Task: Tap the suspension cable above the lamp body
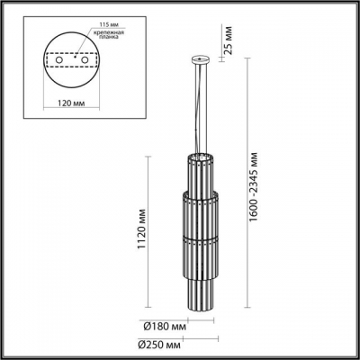point(200,108)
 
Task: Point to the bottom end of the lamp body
point(199,301)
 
